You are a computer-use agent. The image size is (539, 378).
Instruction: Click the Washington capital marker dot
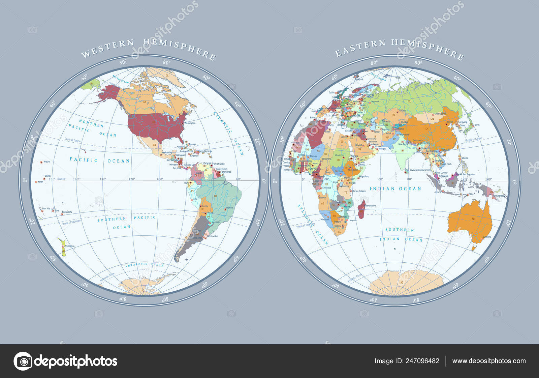[183, 123]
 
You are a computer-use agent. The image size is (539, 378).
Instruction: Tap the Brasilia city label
[230, 208]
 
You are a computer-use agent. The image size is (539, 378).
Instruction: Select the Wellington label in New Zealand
[69, 246]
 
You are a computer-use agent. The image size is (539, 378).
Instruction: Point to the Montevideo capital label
[212, 236]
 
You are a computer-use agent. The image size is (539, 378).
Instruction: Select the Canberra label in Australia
[487, 237]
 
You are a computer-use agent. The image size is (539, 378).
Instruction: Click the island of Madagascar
[361, 209]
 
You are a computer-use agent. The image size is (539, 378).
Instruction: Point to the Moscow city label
[375, 101]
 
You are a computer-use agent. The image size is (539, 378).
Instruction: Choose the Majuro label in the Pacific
[47, 162]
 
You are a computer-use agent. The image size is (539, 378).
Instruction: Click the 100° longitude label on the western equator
[160, 179]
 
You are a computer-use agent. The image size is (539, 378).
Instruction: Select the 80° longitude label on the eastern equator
[409, 179]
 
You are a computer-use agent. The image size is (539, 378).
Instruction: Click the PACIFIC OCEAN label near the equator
[100, 161]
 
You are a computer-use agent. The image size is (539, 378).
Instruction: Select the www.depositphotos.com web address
[489, 361]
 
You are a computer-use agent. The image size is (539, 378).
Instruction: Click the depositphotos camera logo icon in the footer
[23, 361]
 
